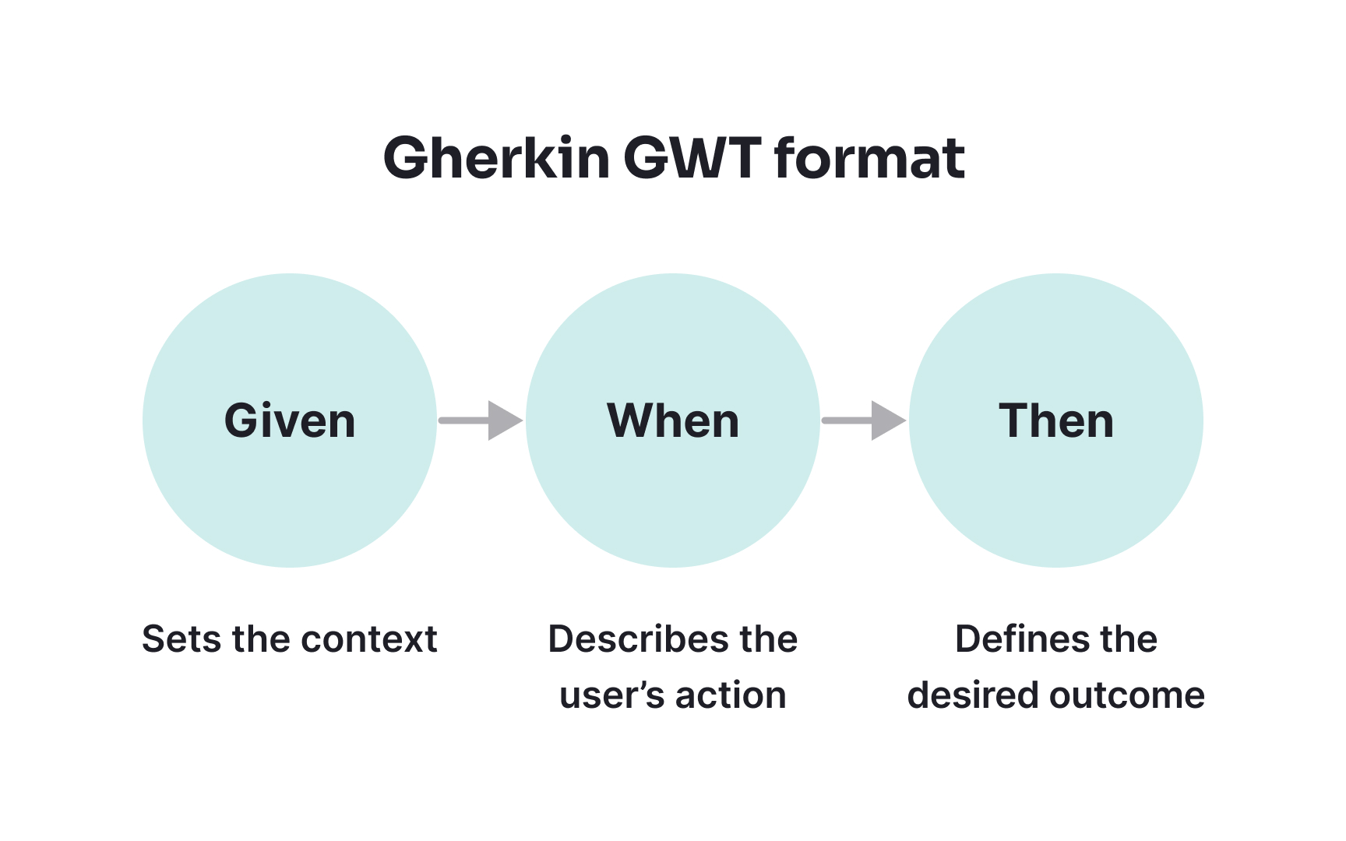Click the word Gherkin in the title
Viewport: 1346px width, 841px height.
pos(496,159)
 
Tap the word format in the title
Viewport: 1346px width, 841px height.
pos(869,159)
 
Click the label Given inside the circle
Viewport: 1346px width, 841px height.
pos(290,421)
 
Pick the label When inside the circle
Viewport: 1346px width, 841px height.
pos(673,421)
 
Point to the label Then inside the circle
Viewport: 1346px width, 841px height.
pos(1056,421)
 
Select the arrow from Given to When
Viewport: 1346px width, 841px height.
pos(479,420)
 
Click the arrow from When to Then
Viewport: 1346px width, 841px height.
pos(862,420)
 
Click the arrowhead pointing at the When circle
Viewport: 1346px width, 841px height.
pos(504,420)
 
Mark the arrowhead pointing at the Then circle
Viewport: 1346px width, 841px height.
pos(887,420)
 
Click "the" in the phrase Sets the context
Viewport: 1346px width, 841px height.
pos(260,639)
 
